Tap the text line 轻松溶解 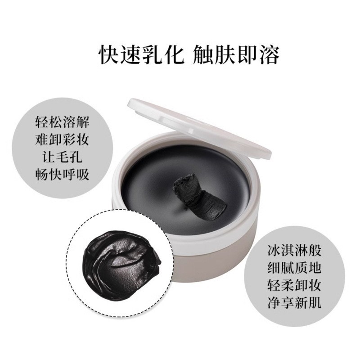pyautogui.click(x=62, y=122)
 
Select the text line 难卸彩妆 pyautogui.click(x=62, y=139)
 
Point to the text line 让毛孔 pyautogui.click(x=62, y=157)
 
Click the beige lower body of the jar pyautogui.click(x=216, y=265)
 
